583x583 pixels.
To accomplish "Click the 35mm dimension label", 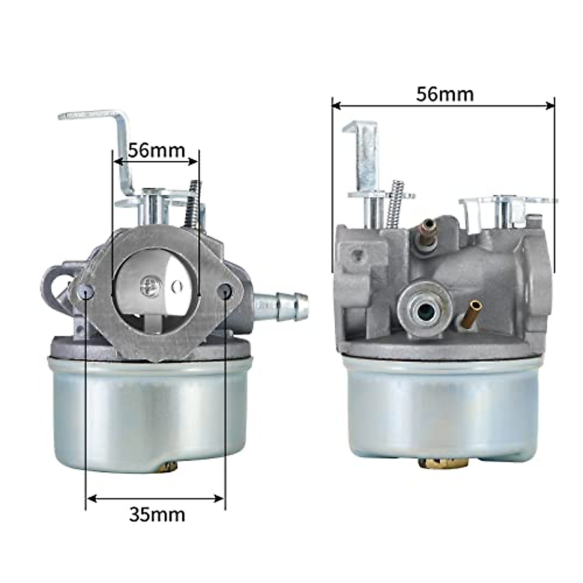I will click(157, 514).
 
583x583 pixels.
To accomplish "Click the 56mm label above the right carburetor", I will click(445, 94).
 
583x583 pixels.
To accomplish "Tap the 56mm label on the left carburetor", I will click(156, 150).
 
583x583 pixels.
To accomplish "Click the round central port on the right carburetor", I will click(426, 309).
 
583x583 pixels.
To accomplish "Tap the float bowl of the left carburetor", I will click(151, 413).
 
